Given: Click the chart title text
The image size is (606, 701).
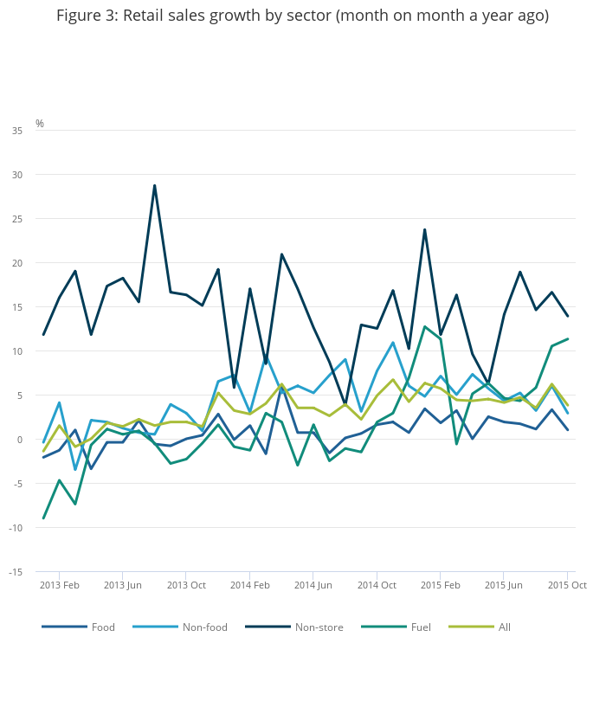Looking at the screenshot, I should (302, 16).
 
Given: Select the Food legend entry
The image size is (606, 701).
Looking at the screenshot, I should (103, 627).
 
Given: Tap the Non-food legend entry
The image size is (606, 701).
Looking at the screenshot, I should (204, 627).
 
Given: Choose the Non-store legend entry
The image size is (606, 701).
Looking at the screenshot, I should (319, 627).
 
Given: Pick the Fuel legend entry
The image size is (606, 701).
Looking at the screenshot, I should (421, 627).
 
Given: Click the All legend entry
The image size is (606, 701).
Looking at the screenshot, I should (504, 627).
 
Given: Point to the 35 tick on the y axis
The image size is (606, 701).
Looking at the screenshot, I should (17, 131).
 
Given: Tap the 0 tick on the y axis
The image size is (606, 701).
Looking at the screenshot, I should (20, 440).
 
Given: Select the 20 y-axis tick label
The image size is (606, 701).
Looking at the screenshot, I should (17, 263).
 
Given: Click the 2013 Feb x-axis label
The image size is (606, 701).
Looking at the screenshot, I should (60, 585).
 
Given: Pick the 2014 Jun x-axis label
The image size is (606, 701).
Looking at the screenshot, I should (313, 585).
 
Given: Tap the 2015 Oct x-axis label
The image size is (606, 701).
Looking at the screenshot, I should (567, 585).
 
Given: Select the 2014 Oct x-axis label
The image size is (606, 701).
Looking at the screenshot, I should (377, 585).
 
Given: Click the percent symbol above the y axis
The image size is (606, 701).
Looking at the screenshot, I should (39, 124).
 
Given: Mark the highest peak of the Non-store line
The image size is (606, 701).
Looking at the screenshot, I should (154, 185).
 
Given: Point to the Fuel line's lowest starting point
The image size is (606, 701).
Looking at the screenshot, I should (43, 518).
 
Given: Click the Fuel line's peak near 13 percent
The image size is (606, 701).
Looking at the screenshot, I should (424, 326).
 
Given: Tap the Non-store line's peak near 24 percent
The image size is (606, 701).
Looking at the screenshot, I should (424, 229).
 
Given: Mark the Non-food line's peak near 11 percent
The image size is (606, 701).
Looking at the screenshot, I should (393, 342).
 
